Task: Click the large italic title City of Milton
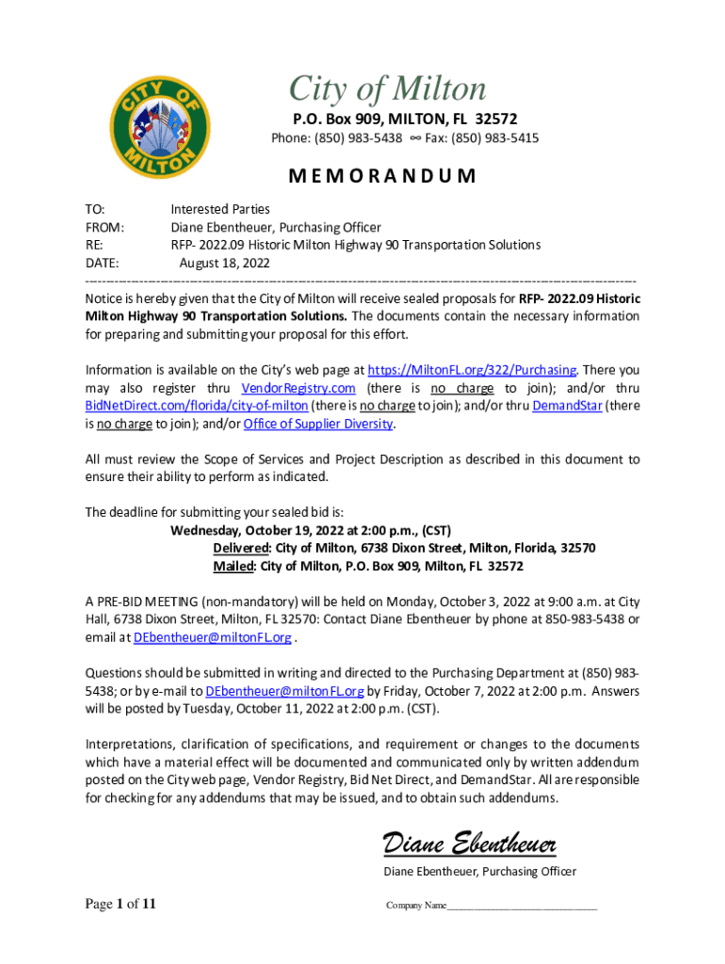[387, 89]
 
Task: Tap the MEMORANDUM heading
[381, 176]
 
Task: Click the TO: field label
[95, 209]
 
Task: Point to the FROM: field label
[105, 227]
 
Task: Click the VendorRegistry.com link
[298, 388]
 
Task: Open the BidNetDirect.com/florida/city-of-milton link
[197, 406]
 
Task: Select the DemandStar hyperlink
[567, 406]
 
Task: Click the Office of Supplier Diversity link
[317, 424]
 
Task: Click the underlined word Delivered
[242, 548]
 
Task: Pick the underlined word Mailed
[234, 566]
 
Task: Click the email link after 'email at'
[212, 637]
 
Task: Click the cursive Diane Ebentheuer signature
[469, 841]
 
